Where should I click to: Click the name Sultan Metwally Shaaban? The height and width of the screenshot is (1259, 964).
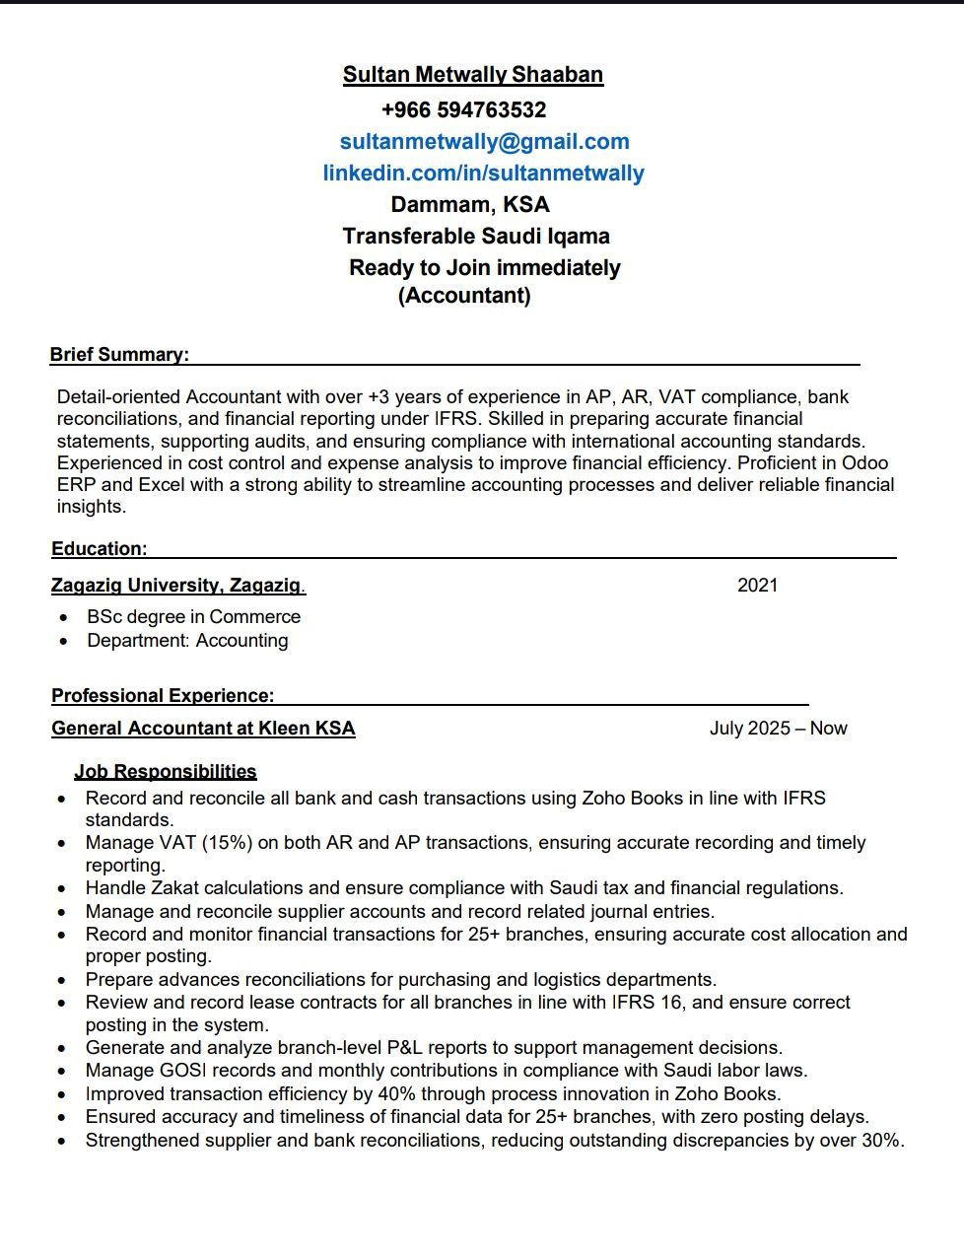[473, 75]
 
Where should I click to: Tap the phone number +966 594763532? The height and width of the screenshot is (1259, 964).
[463, 109]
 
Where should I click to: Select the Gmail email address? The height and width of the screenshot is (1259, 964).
[484, 141]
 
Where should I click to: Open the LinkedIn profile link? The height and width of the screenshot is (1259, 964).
[483, 173]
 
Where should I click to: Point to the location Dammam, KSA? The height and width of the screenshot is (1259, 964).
[470, 204]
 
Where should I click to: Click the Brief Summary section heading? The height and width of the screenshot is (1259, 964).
[119, 354]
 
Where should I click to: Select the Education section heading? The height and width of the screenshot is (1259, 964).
[100, 548]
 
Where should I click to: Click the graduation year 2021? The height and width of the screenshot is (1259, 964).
[757, 585]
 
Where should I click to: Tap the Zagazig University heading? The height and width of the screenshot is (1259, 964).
[177, 585]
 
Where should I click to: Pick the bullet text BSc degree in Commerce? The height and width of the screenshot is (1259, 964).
[193, 616]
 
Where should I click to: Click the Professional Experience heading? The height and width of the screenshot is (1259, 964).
[163, 695]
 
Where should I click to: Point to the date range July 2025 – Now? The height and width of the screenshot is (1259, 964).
[778, 728]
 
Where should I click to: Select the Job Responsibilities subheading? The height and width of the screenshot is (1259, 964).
[166, 771]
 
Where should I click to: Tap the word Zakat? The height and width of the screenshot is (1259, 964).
[173, 887]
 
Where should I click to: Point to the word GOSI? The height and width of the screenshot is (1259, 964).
[181, 1070]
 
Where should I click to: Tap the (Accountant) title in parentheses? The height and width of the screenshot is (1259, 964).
[464, 295]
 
